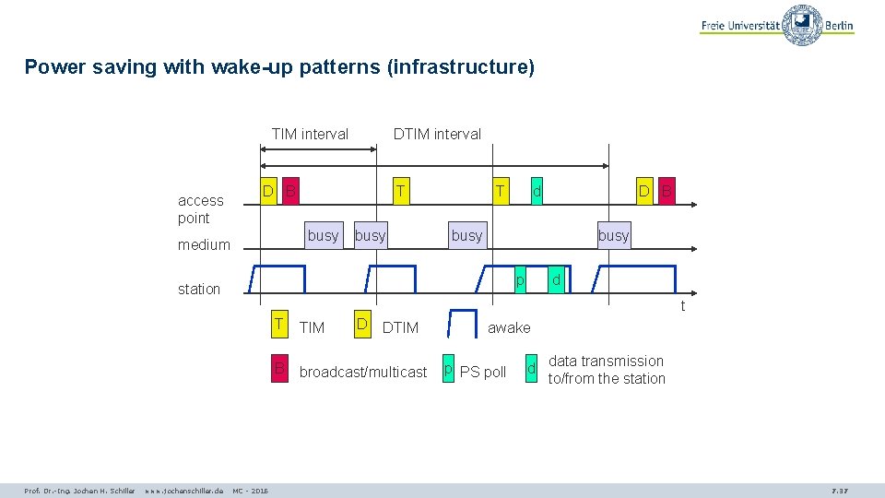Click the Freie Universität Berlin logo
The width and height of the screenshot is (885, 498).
(777, 25)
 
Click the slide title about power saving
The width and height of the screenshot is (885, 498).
(279, 67)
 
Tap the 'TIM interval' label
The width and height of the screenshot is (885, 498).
(310, 134)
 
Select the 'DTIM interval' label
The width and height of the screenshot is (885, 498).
(437, 134)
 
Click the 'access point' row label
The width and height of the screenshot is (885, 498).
(200, 209)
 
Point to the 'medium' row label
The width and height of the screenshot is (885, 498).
(204, 244)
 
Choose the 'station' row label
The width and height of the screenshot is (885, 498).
(199, 289)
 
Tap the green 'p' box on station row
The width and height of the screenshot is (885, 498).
(520, 279)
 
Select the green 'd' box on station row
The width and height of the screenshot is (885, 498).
(555, 279)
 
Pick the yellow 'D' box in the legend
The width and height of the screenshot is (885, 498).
(362, 324)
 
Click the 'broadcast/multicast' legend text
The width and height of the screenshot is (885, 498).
(363, 372)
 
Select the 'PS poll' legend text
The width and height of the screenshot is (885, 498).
(483, 372)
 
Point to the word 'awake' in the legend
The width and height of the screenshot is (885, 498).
(509, 327)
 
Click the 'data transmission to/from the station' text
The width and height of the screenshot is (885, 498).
(607, 370)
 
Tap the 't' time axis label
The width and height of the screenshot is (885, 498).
(682, 306)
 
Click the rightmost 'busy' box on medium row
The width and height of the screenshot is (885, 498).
(613, 235)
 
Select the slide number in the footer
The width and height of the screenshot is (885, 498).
(840, 491)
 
